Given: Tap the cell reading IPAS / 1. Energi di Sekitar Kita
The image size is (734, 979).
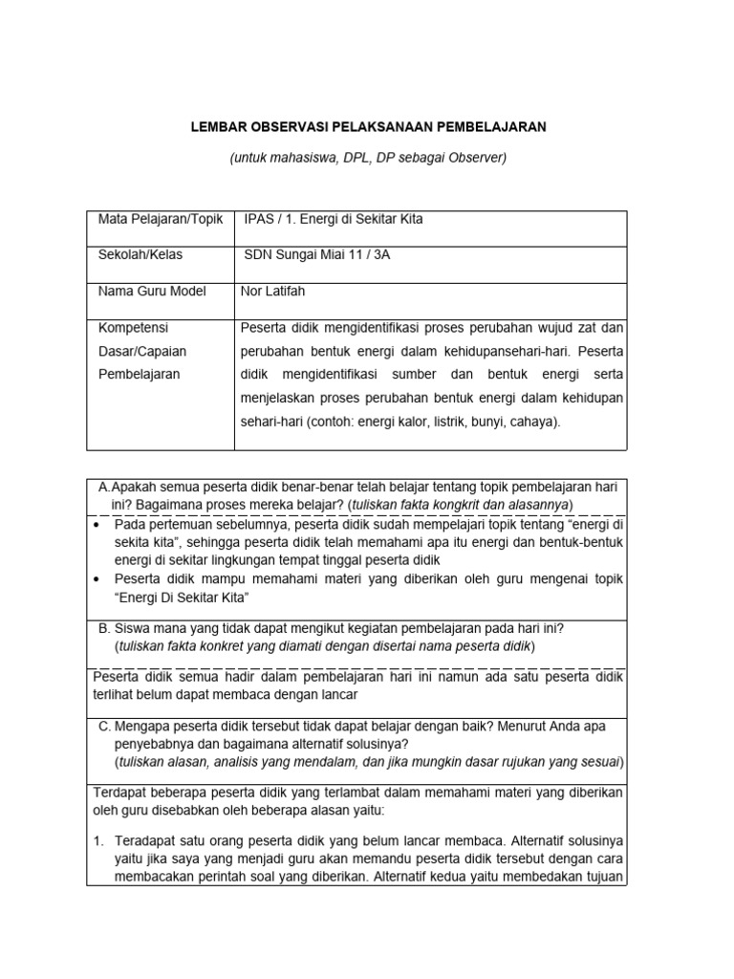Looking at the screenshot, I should click(x=334, y=219).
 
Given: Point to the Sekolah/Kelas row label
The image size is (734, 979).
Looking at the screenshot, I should click(x=140, y=255).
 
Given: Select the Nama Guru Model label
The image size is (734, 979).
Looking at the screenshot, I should click(x=152, y=291).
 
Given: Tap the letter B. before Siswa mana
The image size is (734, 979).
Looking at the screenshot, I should click(x=104, y=628).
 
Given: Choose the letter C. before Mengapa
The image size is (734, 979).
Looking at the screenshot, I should click(x=104, y=726).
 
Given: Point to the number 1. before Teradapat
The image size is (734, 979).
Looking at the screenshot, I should click(x=98, y=841).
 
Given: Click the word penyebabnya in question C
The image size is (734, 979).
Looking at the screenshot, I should click(x=157, y=743).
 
